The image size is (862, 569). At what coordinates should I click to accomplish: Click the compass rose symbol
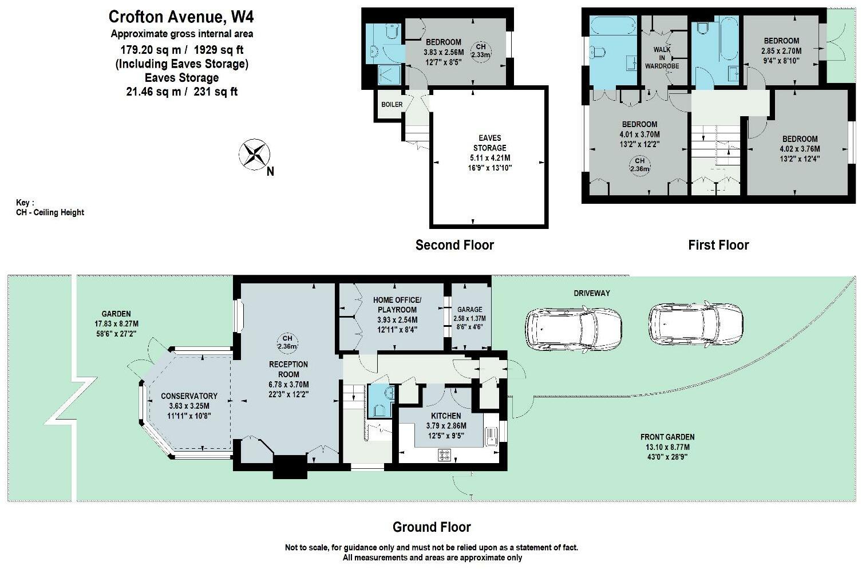coord(254,155)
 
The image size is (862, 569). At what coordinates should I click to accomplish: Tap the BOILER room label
coord(392,104)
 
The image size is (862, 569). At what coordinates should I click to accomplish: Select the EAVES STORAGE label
coord(489,143)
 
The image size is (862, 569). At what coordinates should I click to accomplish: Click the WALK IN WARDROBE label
coord(662,58)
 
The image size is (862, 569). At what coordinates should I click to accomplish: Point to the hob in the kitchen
coord(445,455)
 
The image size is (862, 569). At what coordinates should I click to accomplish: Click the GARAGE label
coord(469,310)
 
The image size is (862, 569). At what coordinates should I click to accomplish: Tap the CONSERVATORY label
coord(189,396)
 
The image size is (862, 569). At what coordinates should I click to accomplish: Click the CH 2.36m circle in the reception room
coord(287,342)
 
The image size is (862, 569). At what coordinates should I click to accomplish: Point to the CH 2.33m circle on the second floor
coord(481,50)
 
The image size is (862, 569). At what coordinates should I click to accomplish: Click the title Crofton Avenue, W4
coord(181,17)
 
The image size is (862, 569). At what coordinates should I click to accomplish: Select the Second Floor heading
coord(454,245)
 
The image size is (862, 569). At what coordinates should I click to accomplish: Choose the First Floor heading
coord(718,245)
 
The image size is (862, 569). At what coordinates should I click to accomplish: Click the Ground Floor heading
coord(432,527)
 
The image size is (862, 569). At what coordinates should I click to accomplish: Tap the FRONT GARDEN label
coord(667,437)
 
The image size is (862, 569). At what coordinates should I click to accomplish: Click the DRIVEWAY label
coord(592,293)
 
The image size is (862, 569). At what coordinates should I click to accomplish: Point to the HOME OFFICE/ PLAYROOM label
coord(397,305)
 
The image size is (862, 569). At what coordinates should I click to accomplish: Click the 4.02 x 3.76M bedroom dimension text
coord(800,149)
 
